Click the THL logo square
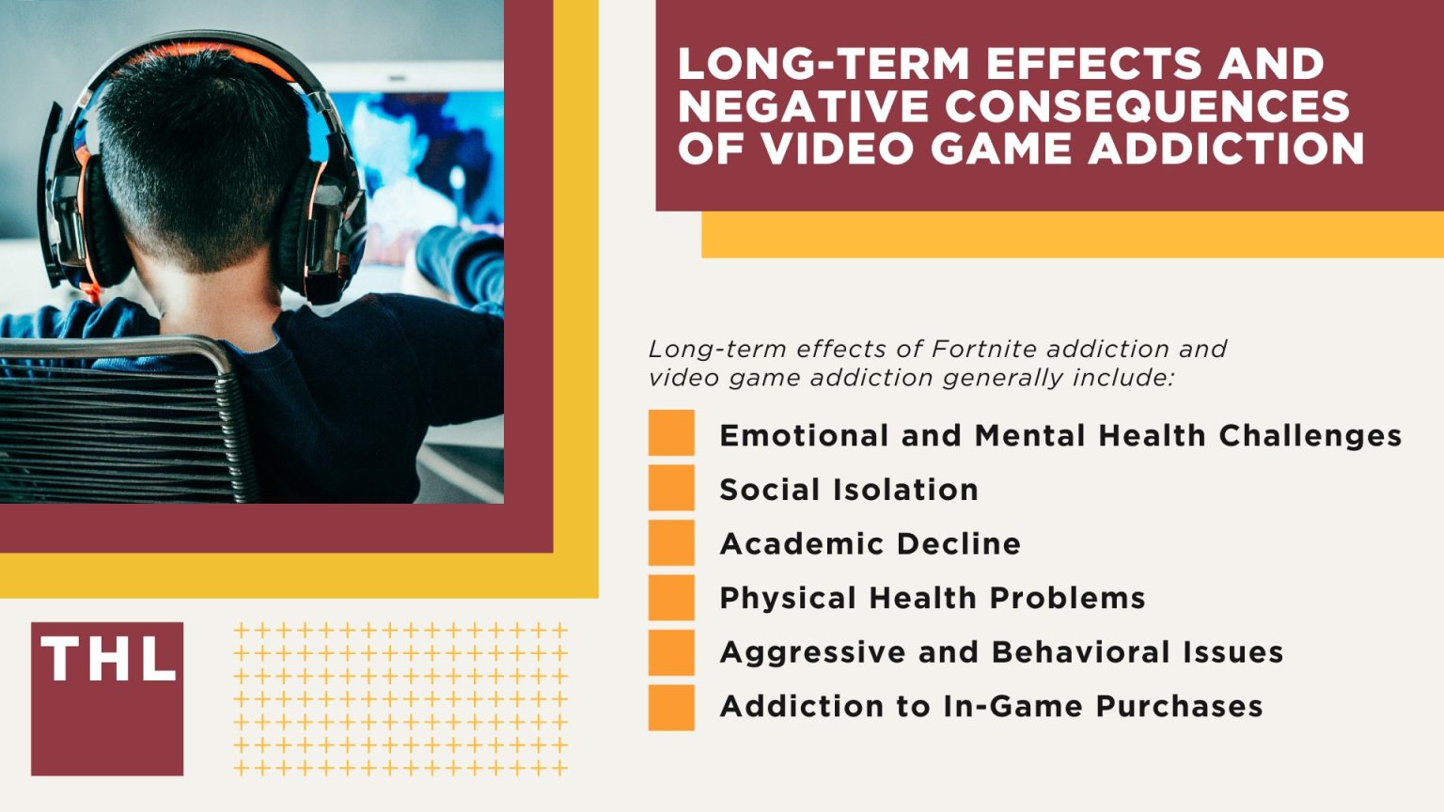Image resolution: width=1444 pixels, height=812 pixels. point(107,698)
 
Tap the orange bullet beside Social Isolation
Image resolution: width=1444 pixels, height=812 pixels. point(671,488)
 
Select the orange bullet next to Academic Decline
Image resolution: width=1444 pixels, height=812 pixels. point(671,542)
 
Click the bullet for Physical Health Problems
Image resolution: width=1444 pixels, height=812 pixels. point(671,598)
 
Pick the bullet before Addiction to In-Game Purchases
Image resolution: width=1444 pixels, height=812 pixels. point(671,707)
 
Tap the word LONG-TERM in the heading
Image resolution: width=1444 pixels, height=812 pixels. point(824,64)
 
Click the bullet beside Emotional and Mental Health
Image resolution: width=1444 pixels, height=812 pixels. point(671,433)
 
